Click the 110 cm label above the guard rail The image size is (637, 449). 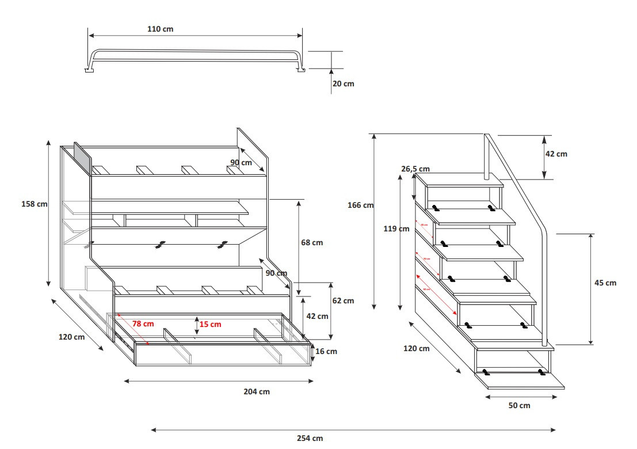161,29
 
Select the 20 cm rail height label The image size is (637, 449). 343,84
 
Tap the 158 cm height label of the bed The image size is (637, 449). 34,204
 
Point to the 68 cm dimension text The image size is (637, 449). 312,242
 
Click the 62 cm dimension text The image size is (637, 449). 344,300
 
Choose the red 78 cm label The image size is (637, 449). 143,324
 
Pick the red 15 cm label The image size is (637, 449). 210,324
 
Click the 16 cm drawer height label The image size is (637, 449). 326,351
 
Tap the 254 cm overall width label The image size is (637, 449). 310,438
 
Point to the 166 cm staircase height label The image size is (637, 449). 360,205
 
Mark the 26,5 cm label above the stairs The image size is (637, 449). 415,169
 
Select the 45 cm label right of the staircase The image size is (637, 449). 605,283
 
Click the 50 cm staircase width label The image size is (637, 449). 520,405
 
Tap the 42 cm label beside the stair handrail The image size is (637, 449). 556,154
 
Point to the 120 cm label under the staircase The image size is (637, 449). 416,348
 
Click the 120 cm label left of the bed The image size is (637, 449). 71,337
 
